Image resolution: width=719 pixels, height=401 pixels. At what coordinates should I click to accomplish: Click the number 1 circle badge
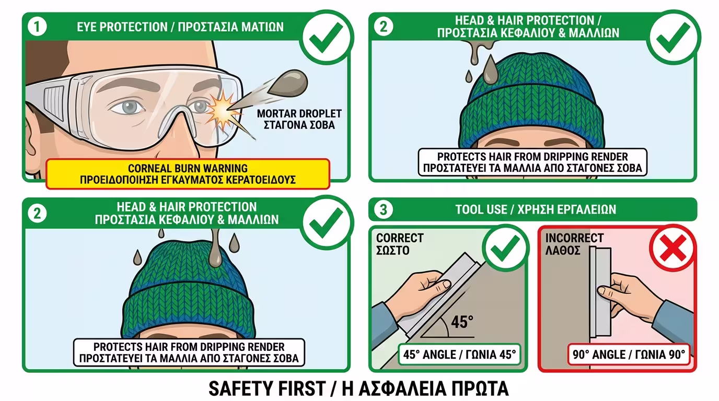click(37, 27)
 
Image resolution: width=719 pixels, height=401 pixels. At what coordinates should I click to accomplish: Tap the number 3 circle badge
click(383, 209)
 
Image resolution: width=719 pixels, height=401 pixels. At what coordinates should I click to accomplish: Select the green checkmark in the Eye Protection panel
click(326, 37)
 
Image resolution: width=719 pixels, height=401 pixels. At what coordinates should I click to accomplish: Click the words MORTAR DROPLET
click(299, 113)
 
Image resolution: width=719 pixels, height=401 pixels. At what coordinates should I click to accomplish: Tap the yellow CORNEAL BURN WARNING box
click(188, 174)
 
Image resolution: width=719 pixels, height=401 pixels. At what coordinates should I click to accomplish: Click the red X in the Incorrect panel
click(673, 248)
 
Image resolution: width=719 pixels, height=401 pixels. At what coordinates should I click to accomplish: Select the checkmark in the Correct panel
click(505, 248)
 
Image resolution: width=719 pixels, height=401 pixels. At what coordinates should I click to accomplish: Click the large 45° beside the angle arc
click(462, 322)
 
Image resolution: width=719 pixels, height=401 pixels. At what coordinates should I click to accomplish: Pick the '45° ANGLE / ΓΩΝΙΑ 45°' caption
click(459, 355)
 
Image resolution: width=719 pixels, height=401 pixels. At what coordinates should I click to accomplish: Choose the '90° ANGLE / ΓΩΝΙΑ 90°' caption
click(629, 355)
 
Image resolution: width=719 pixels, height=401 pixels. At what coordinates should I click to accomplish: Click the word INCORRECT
click(574, 238)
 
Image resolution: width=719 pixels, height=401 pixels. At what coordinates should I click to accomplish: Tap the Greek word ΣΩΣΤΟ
click(392, 250)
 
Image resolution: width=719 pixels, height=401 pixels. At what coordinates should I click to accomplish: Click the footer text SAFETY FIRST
click(267, 388)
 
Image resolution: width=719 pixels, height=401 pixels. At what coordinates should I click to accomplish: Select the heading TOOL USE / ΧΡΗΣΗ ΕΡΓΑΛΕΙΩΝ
click(536, 209)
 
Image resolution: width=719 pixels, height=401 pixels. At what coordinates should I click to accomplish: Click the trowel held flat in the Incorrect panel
click(599, 292)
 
